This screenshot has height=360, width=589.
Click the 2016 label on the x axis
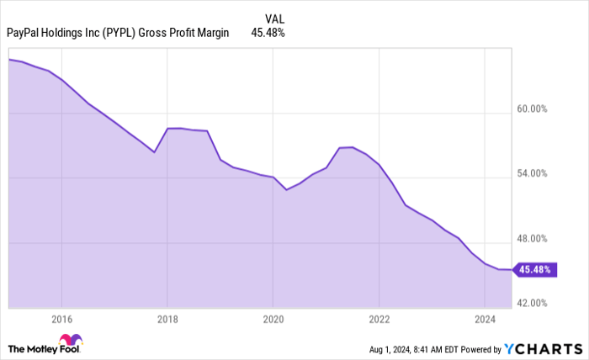coord(61,319)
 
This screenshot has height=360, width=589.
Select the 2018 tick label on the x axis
coord(167,319)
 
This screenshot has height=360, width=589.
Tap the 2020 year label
coord(273,319)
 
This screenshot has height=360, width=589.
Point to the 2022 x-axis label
coord(379,319)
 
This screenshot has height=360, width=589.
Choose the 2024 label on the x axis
coord(485,319)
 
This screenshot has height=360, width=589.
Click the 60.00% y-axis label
coord(532,109)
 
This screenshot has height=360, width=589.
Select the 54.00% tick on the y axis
coord(532,173)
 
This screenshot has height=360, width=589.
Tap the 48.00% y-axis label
coord(532,238)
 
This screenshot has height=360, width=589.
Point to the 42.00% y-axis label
coord(532,303)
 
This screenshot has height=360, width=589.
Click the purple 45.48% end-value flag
coord(533,270)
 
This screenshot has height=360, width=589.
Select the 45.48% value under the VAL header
coord(268,34)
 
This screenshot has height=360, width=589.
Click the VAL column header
coord(274,18)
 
